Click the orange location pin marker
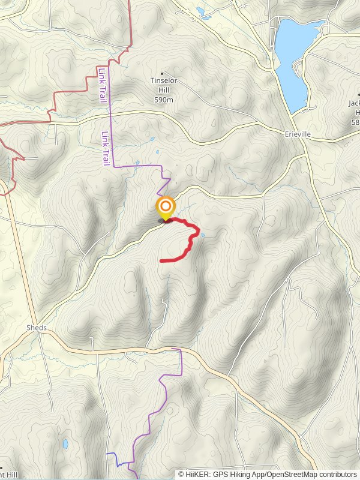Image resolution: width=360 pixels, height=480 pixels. point(165,208)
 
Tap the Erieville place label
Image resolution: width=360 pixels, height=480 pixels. point(298,134)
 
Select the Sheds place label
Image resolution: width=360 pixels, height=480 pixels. point(36,328)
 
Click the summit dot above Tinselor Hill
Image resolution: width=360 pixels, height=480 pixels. point(161,73)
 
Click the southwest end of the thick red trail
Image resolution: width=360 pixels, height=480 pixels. point(161,261)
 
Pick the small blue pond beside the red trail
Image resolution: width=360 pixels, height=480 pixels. point(203,235)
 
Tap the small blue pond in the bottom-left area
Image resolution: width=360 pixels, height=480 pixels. point(64,445)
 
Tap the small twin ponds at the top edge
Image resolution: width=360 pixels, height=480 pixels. point(200,10)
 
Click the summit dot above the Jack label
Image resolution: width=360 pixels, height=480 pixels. point(359,94)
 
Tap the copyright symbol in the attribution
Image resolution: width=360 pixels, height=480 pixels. point(181,474)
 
